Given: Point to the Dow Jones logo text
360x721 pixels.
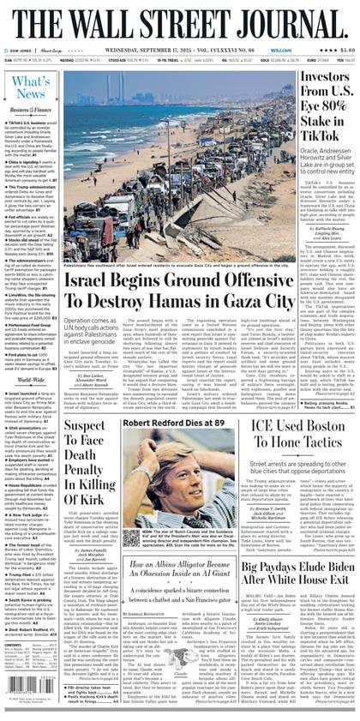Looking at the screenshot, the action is click(19, 49).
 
